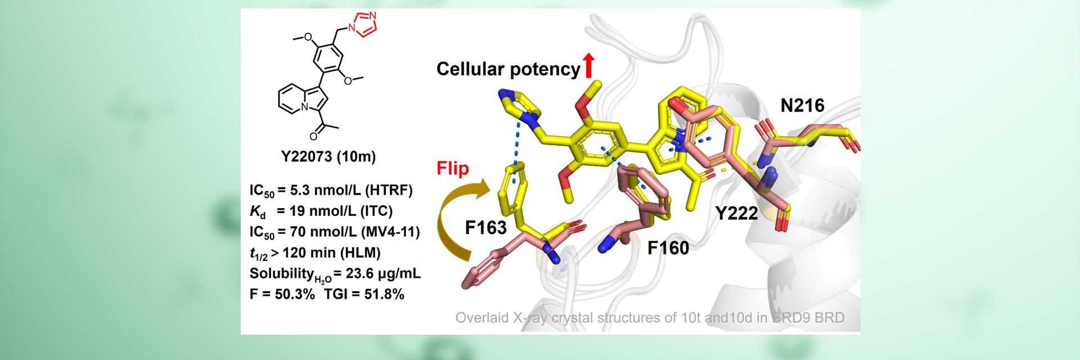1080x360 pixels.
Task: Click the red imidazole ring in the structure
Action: [x=363, y=24]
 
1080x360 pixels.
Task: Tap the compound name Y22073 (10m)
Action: [x=328, y=156]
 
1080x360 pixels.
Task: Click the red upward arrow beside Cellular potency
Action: [x=588, y=66]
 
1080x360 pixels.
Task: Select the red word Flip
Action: [x=453, y=168]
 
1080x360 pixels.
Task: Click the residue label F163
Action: [x=486, y=227]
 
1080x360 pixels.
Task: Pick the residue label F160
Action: [x=668, y=247]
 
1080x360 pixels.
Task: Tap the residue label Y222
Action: [x=736, y=213]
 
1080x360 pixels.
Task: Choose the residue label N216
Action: [x=802, y=105]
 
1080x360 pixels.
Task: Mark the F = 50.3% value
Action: [x=282, y=294]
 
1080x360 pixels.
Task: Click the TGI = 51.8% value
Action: [x=364, y=294]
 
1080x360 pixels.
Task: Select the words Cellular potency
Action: [x=508, y=69]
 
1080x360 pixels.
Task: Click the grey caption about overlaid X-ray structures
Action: [x=650, y=318]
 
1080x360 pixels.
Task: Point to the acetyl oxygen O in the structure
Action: [x=313, y=136]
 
